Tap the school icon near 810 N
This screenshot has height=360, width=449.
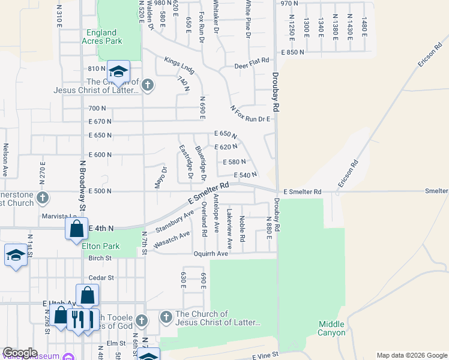point(119,72)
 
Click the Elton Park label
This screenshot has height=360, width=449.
point(101,246)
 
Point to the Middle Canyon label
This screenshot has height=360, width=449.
point(332,328)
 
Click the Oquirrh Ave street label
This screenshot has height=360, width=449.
point(210,254)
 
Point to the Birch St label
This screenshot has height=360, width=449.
point(100,259)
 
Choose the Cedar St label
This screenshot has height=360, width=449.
point(101,278)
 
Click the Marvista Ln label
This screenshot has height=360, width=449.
point(60,216)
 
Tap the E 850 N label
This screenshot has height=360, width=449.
point(292,53)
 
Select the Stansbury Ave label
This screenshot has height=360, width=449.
point(175,221)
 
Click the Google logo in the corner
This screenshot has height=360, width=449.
point(20,353)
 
